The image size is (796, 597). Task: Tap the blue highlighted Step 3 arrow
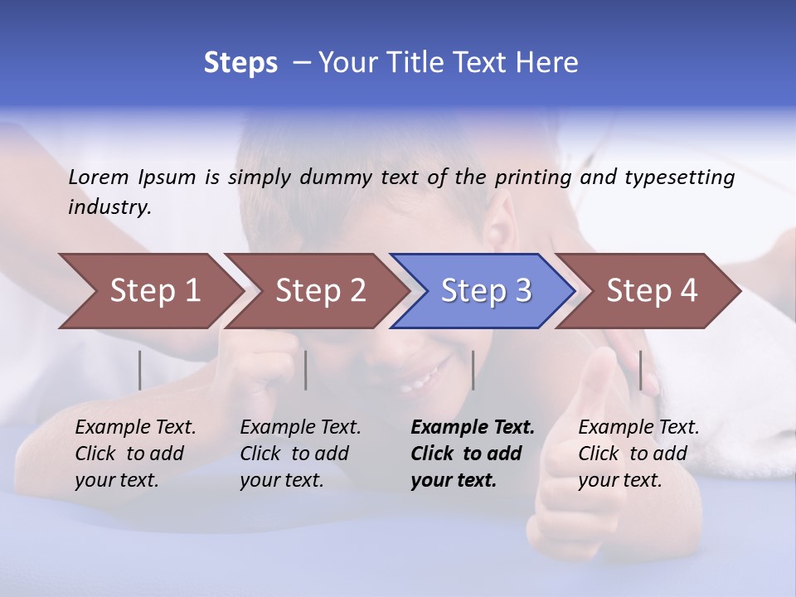pos(486,291)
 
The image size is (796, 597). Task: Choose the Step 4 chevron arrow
pos(652,291)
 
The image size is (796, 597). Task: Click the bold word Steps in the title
pos(240,63)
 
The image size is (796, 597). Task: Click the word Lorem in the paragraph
pos(99,177)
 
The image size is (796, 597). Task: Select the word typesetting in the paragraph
pos(679,177)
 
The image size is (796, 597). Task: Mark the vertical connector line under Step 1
pos(140,370)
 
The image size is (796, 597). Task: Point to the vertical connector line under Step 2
pos(306,370)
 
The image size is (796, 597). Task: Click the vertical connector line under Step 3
pos(473,370)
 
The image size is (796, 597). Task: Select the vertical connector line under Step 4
pos(640,370)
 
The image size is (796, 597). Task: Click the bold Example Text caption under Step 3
pos(472,453)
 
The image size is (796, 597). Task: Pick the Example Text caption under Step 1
pos(135,453)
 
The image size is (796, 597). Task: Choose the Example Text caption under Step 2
pos(300,453)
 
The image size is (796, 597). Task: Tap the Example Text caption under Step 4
pos(638,453)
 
